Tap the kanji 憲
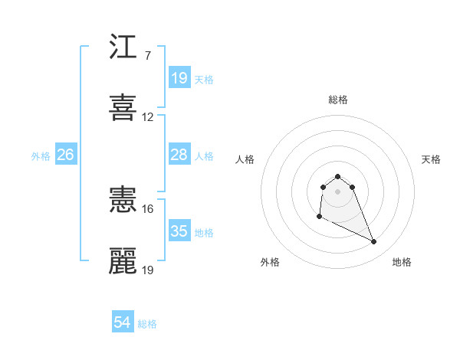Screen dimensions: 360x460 [123, 201]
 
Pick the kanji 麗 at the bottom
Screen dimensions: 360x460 [123, 260]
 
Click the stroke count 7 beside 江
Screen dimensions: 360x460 [147, 55]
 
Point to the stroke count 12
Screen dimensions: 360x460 [148, 117]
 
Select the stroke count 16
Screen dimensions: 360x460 [148, 208]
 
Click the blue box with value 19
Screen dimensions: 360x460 [179, 77]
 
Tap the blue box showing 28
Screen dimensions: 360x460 [179, 155]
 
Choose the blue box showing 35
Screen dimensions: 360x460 [179, 231]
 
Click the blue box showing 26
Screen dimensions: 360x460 [65, 155]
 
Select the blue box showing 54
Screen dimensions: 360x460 [123, 323]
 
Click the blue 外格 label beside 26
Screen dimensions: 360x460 [41, 156]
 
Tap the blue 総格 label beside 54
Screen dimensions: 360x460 [147, 324]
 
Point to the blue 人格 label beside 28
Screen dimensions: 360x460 [204, 156]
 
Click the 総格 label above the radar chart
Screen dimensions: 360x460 [338, 100]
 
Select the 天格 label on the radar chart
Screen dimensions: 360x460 [432, 159]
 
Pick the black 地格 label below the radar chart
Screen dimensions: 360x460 [402, 262]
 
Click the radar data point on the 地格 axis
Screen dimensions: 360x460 [374, 242]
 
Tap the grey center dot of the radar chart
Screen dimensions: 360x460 [338, 191]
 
